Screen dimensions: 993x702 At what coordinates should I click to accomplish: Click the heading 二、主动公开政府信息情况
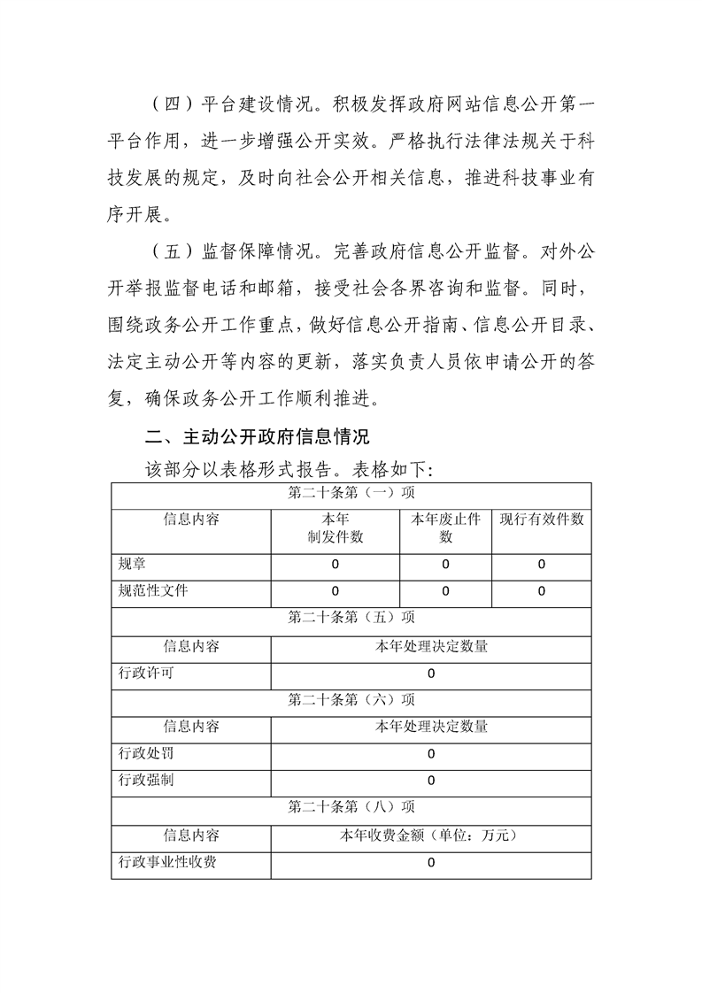pos(258,437)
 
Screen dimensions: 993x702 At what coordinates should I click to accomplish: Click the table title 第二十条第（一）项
pos(351,492)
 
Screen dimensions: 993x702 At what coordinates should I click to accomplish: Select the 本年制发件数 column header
pos(336,528)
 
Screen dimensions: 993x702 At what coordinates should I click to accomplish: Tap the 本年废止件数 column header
pos(445,528)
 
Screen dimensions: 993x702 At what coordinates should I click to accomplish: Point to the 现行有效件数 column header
pos(542,520)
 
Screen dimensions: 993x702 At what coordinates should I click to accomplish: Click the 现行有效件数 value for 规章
pos(542,565)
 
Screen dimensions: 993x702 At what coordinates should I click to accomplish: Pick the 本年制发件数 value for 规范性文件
pos(336,591)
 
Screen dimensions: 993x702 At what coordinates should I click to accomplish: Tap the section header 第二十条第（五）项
pos(351,618)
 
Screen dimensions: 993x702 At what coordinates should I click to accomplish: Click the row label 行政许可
pos(147,673)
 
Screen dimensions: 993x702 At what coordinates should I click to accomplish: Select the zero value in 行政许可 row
pos(431,674)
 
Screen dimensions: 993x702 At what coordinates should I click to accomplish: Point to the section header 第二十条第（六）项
pos(351,699)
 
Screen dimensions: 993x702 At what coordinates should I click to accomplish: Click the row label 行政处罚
pos(147,753)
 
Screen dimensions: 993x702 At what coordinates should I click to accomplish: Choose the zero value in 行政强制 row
pos(431,781)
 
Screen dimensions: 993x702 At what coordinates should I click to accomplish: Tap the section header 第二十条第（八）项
pos(351,807)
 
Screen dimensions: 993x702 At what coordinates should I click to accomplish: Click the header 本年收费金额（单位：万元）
pos(431,835)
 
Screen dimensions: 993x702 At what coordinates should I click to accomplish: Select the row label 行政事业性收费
pos(167,861)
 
